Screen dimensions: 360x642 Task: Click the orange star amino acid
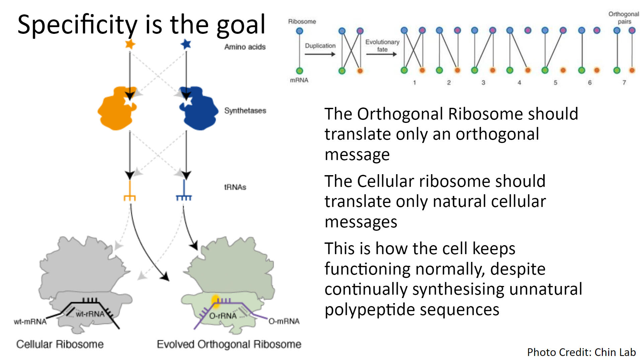pyautogui.click(x=130, y=44)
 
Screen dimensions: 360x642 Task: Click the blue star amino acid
pyautogui.click(x=186, y=44)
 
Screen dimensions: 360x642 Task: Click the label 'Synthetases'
pyautogui.click(x=245, y=111)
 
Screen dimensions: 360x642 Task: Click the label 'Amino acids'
pyautogui.click(x=245, y=47)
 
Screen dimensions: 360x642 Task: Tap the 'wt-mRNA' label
pyautogui.click(x=30, y=322)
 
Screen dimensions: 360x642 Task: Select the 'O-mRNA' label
pyautogui.click(x=284, y=321)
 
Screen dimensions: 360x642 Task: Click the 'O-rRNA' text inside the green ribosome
pyautogui.click(x=223, y=316)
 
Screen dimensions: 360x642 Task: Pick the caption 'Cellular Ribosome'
pyautogui.click(x=60, y=344)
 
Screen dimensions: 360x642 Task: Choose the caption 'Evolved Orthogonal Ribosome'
pyautogui.click(x=229, y=344)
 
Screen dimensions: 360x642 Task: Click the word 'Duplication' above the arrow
pyautogui.click(x=320, y=46)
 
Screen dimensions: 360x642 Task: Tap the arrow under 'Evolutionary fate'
pyautogui.click(x=382, y=54)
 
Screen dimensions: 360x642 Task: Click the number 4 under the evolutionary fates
pyautogui.click(x=519, y=82)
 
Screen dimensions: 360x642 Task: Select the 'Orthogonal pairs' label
pyautogui.click(x=624, y=18)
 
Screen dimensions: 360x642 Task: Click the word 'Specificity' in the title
pyautogui.click(x=77, y=25)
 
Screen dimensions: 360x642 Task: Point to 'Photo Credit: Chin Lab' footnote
pyautogui.click(x=581, y=352)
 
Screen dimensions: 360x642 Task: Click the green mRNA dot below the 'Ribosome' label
pyautogui.click(x=300, y=71)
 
